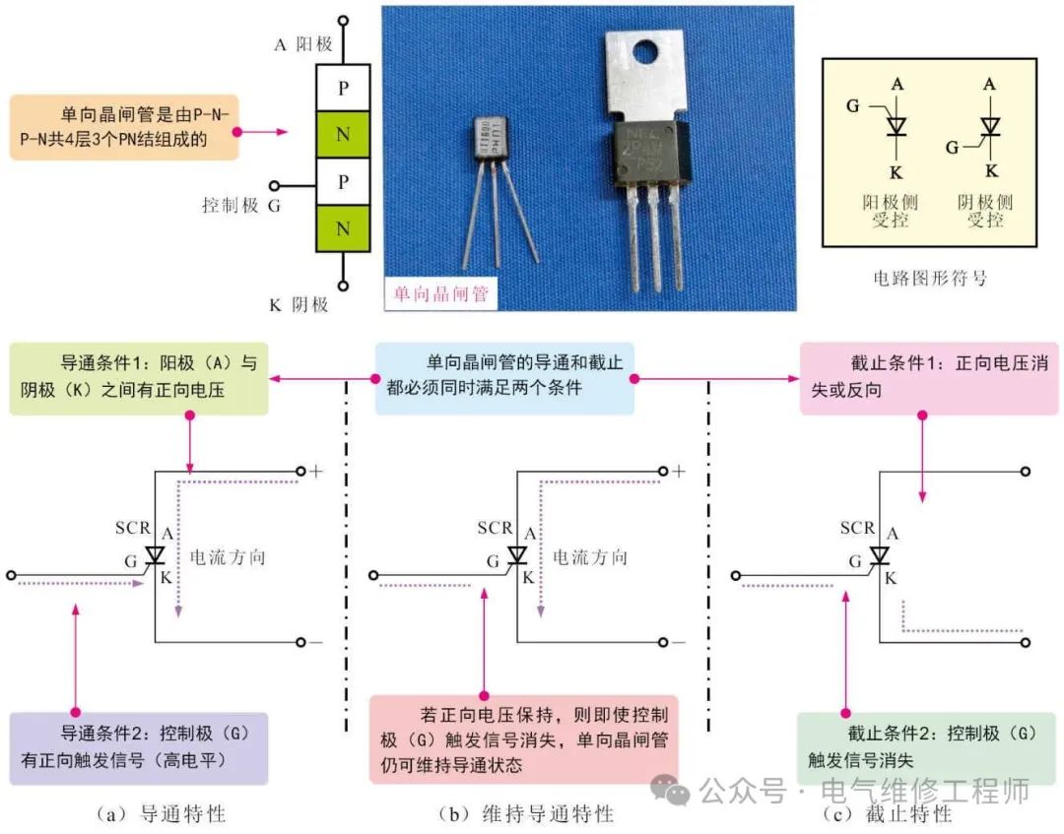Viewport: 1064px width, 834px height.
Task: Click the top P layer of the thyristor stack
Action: tap(343, 88)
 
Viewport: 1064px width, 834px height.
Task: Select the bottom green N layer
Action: tap(343, 229)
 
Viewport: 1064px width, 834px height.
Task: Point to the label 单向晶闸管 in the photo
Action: tap(440, 293)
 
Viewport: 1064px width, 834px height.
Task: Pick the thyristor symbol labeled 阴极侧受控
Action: tap(987, 125)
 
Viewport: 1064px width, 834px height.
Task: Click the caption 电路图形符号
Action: tap(929, 279)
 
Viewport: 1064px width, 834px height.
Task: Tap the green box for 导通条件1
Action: tap(137, 378)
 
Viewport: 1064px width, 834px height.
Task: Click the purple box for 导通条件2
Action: tap(137, 748)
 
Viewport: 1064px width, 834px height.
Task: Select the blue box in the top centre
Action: tap(503, 377)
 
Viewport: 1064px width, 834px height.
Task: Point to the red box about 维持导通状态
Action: tap(523, 739)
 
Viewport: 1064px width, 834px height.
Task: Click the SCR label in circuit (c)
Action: tap(857, 529)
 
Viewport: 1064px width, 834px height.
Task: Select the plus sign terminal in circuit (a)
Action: tap(315, 472)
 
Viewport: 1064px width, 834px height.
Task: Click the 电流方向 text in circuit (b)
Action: tap(589, 557)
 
